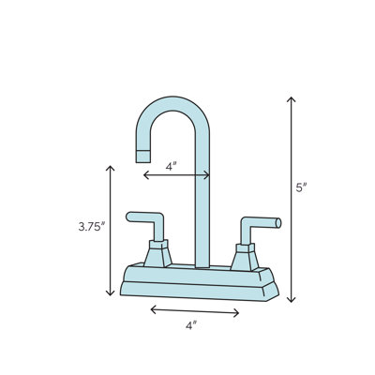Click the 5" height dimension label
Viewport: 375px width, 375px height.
pos(301,187)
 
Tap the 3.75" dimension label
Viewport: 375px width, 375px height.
pos(91,226)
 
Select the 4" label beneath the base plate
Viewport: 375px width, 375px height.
pos(190,325)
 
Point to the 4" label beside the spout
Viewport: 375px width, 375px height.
pos(172,165)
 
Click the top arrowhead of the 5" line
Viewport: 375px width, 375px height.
pos(291,97)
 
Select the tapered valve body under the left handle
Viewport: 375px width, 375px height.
pos(159,253)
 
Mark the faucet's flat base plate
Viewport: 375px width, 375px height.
pos(201,284)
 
